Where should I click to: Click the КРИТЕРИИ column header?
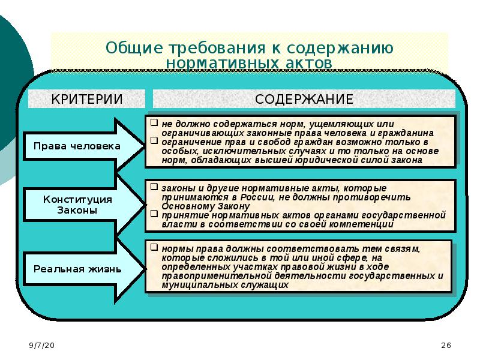(86, 99)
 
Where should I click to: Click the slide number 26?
(446, 346)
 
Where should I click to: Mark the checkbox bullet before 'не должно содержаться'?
(154, 122)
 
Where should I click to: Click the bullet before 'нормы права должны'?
(154, 246)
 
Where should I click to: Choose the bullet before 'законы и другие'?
(154, 187)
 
